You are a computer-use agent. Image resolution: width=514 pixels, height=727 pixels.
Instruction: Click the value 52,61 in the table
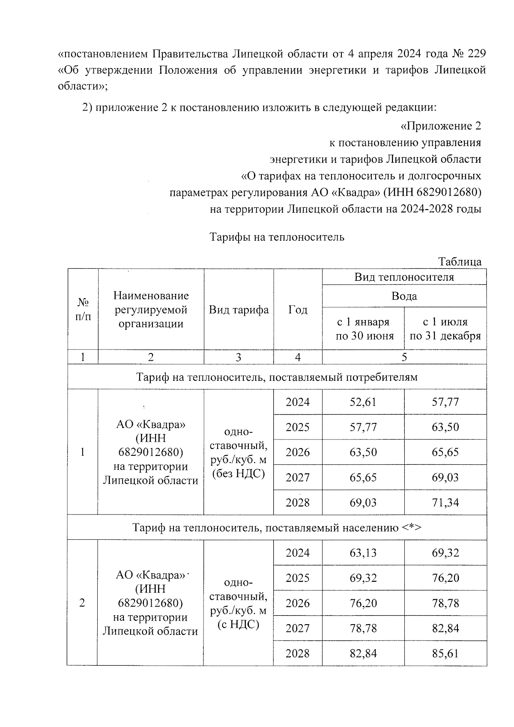click(363, 402)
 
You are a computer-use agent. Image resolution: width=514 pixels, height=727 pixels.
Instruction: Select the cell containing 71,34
click(445, 502)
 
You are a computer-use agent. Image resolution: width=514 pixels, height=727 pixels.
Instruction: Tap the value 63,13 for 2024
click(363, 553)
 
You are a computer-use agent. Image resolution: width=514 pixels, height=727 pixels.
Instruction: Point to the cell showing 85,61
click(445, 653)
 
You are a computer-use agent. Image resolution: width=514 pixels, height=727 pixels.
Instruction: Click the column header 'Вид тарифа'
click(239, 310)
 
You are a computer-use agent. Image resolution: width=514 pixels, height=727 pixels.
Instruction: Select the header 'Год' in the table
click(298, 310)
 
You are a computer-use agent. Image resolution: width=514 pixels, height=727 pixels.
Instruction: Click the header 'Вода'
click(404, 296)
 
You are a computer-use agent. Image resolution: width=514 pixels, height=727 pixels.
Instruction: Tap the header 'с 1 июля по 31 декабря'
click(445, 329)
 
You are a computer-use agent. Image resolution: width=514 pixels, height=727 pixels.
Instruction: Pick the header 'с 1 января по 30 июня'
click(363, 329)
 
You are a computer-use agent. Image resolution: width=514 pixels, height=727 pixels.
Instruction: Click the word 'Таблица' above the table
click(460, 262)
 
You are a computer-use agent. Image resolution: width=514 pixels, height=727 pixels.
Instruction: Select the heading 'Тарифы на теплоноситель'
click(277, 237)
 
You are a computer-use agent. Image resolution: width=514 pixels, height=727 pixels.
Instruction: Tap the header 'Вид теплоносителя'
click(404, 277)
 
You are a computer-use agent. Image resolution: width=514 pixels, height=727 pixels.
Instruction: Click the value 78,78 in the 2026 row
click(445, 603)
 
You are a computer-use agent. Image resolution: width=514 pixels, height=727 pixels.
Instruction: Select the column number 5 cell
click(404, 357)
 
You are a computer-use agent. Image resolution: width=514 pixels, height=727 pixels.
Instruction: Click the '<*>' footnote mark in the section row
click(412, 527)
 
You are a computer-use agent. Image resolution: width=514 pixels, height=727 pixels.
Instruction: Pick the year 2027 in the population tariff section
click(298, 628)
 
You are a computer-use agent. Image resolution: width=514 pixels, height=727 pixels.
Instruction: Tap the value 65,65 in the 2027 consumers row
click(363, 477)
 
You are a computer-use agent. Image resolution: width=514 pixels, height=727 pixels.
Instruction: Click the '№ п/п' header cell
click(83, 310)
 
